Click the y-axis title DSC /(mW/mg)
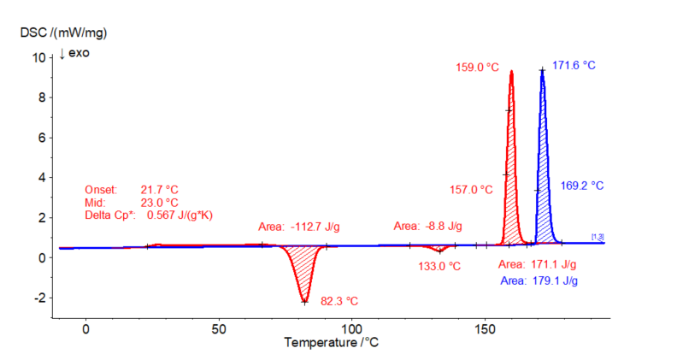click(x=63, y=32)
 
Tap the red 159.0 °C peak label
click(x=474, y=67)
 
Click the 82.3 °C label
click(x=339, y=301)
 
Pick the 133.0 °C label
click(x=438, y=266)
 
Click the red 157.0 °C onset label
click(x=470, y=189)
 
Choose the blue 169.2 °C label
click(x=580, y=185)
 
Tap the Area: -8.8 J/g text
click(x=427, y=226)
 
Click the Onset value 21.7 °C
click(x=160, y=189)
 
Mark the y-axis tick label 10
click(x=38, y=57)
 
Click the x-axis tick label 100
click(x=351, y=328)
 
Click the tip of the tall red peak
click(x=511, y=71)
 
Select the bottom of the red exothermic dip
click(x=304, y=301)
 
